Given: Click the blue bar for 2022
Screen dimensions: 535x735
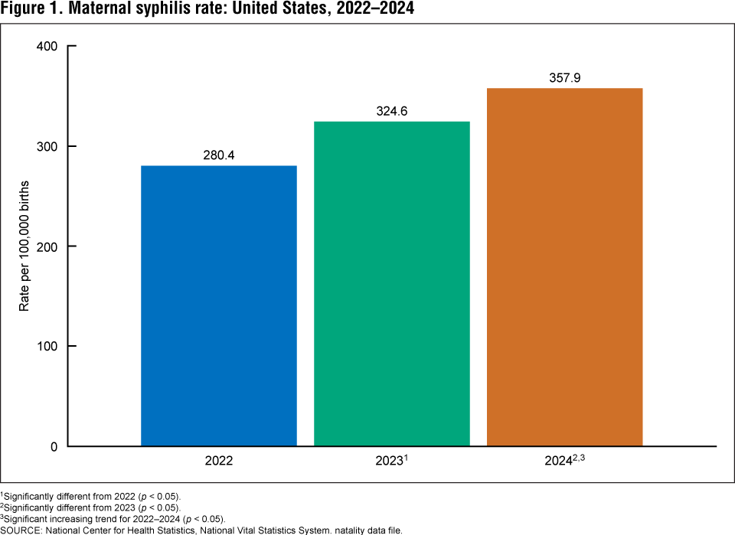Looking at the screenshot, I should tap(219, 305).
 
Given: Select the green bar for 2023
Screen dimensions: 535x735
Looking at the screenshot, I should tap(392, 283).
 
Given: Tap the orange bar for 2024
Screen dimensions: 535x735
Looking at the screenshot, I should tap(564, 267).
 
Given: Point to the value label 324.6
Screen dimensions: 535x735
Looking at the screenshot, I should tap(392, 111).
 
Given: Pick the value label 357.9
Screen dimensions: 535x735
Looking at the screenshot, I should tap(564, 78).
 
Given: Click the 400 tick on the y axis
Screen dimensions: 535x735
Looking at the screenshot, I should tap(48, 47).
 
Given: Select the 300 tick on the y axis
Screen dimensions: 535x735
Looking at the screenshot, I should tap(48, 146).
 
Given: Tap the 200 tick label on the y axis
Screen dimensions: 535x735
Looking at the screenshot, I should tap(48, 246).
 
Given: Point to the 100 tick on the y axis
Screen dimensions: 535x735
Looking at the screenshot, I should tap(48, 347).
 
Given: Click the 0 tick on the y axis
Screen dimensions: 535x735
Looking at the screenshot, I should tap(54, 446).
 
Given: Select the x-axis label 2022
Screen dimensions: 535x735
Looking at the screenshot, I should tap(219, 462).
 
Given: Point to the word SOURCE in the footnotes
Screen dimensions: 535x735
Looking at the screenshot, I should tap(21, 530).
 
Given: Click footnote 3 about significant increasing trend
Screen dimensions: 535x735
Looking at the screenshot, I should tap(113, 518).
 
